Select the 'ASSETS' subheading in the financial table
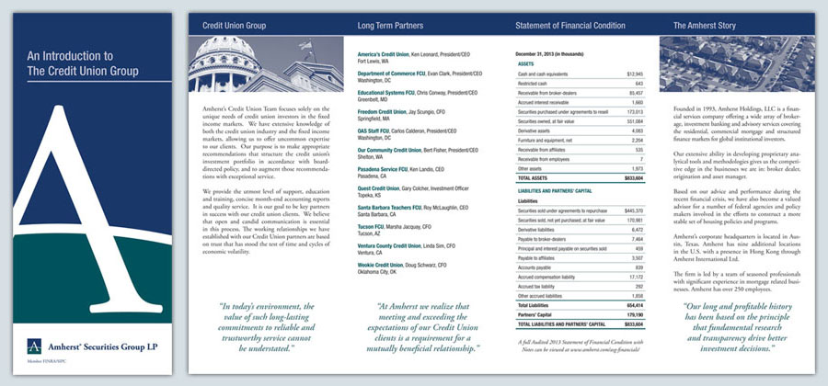[527, 62]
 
